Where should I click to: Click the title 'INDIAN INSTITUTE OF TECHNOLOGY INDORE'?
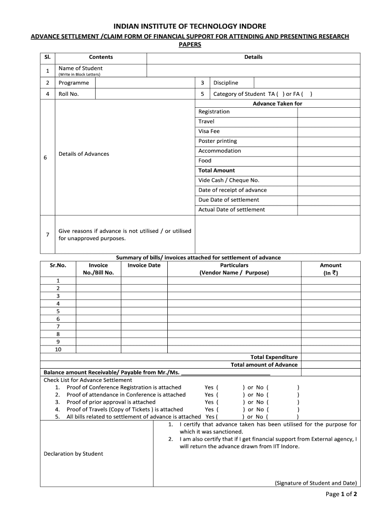190,26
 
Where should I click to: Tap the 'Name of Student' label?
80,68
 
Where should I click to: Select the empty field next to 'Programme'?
145,83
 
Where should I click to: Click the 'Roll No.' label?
69,94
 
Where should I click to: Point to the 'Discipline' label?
226,83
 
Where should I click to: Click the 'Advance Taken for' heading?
277,104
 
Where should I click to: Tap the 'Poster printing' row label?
218,141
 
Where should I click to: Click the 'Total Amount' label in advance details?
217,170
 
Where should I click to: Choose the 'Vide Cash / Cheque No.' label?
228,180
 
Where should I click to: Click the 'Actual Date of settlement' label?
231,210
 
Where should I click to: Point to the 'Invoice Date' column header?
144,265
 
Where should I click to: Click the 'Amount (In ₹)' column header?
330,269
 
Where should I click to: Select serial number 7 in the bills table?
58,326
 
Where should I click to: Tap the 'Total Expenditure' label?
274,357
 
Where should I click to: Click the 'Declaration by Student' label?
74,454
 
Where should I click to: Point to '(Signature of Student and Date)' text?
315,483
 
